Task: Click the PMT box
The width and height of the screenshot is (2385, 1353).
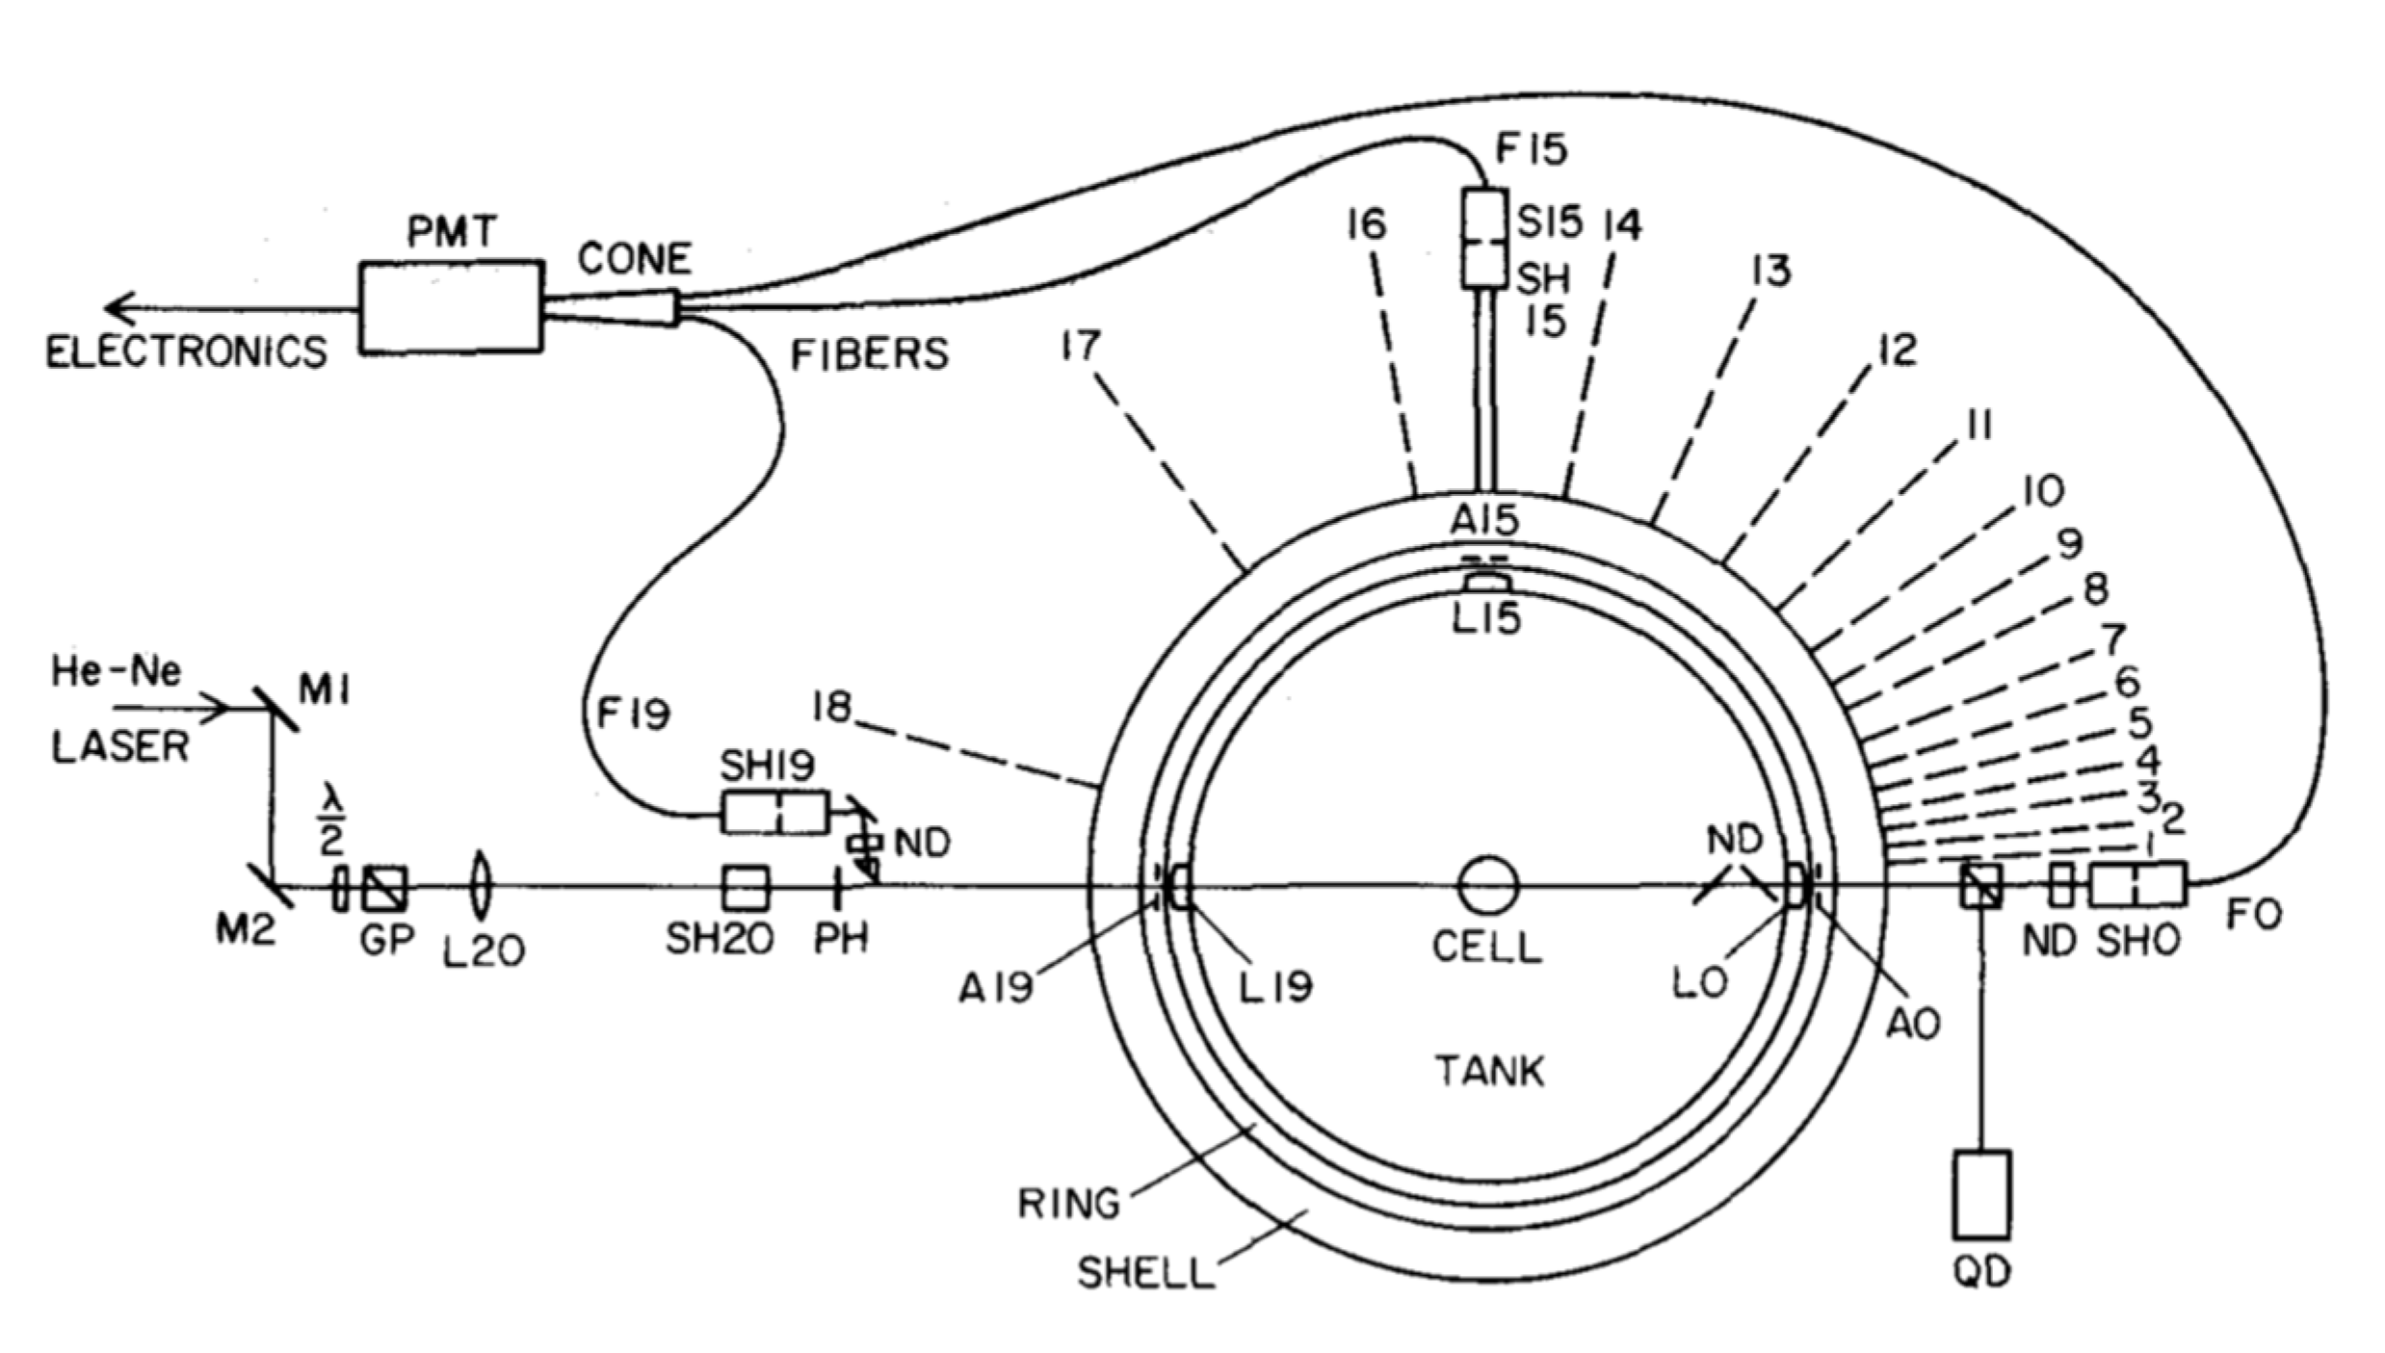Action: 450,306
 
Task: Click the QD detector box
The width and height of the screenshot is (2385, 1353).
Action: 1981,1193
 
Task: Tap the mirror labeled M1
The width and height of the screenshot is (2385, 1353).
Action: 276,709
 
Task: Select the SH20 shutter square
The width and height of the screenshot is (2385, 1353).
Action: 746,887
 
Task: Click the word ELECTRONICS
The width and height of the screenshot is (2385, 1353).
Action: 187,352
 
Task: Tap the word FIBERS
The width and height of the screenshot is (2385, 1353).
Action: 869,355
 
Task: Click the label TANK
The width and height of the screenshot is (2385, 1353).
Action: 1490,1071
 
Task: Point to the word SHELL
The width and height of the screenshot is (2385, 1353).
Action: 1145,1273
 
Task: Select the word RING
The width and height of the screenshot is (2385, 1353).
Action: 1069,1204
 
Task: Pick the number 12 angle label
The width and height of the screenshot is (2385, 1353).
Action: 1897,351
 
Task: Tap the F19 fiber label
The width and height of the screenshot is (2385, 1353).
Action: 633,715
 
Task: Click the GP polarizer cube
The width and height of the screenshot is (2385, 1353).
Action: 384,887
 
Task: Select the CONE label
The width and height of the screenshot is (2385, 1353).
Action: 634,258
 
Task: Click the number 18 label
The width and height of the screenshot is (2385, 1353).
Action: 832,708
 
